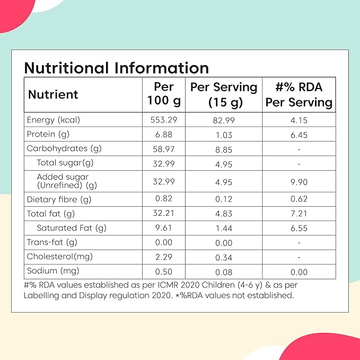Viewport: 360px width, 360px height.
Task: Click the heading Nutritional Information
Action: [116, 68]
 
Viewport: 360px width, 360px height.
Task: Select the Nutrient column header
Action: [53, 94]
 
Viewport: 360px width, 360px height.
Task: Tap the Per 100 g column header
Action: [163, 94]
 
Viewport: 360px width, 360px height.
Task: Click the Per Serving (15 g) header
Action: [223, 94]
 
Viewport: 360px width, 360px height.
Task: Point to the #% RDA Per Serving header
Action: [299, 94]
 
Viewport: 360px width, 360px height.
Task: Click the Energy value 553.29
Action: [163, 120]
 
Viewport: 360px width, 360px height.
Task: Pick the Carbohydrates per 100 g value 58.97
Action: [163, 148]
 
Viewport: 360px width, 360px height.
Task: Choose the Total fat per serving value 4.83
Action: [223, 214]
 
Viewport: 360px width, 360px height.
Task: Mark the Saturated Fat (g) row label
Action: [72, 229]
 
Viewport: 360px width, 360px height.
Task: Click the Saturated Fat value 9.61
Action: [163, 229]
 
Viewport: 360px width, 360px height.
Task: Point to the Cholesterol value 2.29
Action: [163, 257]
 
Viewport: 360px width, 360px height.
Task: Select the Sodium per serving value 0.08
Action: [223, 271]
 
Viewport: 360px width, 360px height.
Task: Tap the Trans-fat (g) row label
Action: [51, 243]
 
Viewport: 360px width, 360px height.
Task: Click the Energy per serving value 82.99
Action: [223, 120]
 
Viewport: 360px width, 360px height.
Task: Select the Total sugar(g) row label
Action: [65, 163]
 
